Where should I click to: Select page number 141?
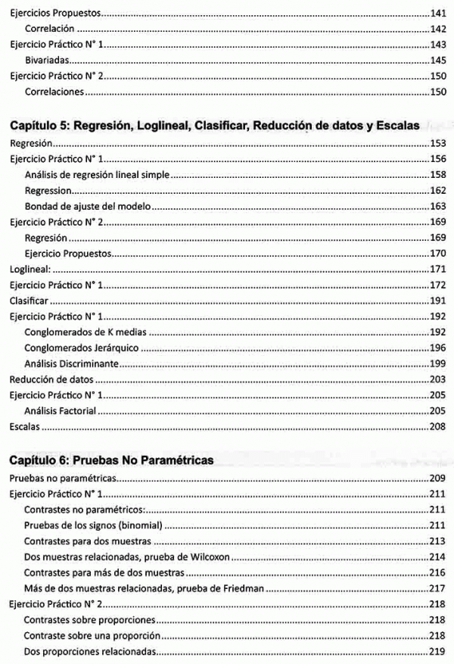(x=437, y=14)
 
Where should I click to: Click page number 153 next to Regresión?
(x=437, y=143)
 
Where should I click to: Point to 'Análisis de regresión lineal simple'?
(x=97, y=175)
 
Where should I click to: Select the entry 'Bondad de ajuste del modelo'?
(x=89, y=206)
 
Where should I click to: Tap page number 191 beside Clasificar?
(x=437, y=301)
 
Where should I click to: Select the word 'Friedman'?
(x=239, y=588)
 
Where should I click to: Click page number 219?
(x=437, y=651)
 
